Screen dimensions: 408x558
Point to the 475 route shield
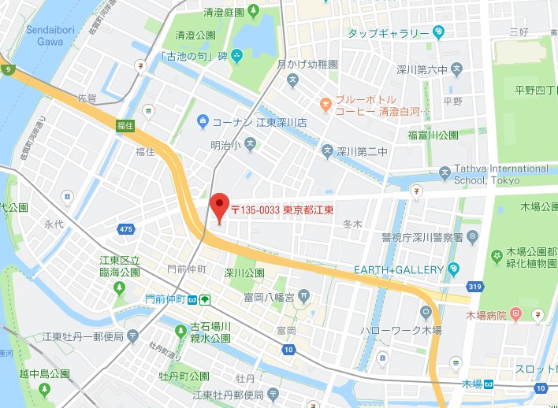pyautogui.click(x=125, y=228)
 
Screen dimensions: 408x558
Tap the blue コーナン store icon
pyautogui.click(x=203, y=122)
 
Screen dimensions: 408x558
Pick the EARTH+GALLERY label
pyautogui.click(x=398, y=270)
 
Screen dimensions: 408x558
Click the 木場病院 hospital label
pyautogui.click(x=486, y=315)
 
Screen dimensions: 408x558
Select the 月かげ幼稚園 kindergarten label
pyautogui.click(x=307, y=63)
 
